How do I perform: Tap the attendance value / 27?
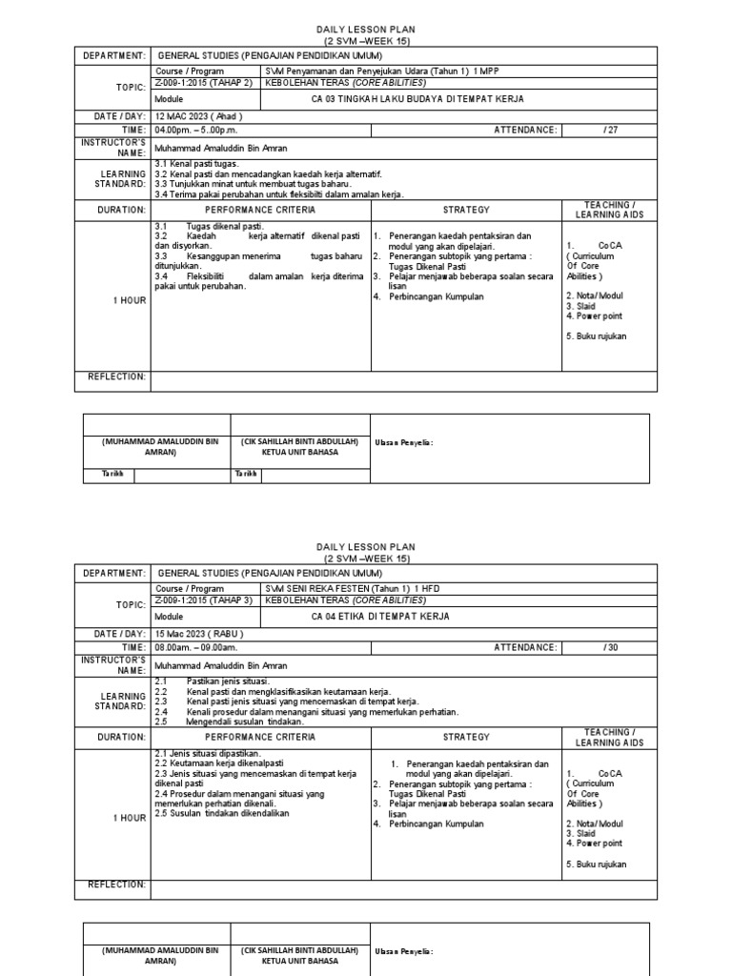pos(611,130)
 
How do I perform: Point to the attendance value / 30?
pos(611,647)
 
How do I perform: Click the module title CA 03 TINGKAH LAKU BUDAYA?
pos(417,99)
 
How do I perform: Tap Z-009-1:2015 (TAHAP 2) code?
pos(204,83)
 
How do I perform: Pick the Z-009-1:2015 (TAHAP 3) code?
pos(204,600)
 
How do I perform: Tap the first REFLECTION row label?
pos(117,376)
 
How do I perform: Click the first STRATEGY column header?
pos(466,210)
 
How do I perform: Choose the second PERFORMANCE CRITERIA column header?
pos(259,737)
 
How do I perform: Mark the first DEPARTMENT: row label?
pos(112,56)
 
